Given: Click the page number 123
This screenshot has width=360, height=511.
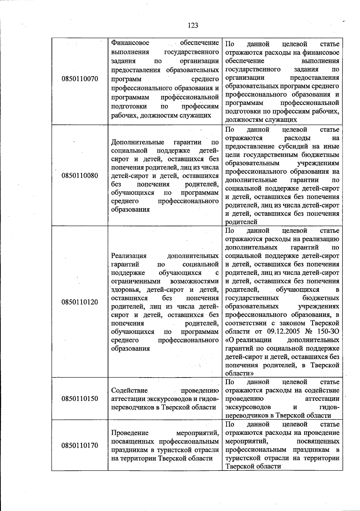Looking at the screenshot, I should (193, 25).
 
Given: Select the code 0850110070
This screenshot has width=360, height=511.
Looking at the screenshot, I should (80, 79).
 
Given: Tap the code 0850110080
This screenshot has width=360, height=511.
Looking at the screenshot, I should (80, 175).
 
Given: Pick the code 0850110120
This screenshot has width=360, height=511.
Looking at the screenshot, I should (80, 302).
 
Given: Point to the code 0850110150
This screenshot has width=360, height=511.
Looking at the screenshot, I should (80, 399).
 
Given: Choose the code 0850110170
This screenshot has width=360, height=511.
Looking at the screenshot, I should (80, 445).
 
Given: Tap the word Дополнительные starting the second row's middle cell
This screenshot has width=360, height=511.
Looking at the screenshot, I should (138, 142).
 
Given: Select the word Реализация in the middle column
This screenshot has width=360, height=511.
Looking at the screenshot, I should (129, 256).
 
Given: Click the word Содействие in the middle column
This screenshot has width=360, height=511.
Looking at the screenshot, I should (129, 390).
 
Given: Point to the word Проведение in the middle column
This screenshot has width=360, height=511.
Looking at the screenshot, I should (130, 433).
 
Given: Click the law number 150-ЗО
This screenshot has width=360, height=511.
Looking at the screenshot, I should (327, 332).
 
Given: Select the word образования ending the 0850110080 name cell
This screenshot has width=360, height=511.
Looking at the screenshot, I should (130, 210).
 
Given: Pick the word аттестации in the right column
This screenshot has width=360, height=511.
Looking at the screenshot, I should (322, 399).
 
